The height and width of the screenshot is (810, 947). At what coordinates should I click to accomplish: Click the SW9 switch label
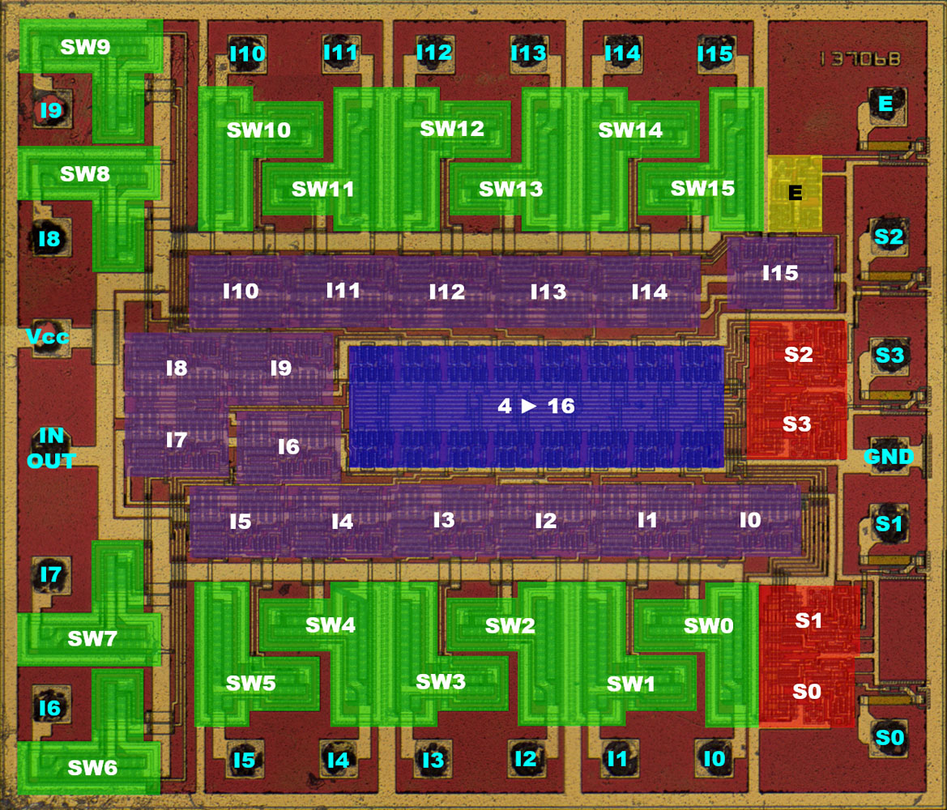tap(85, 47)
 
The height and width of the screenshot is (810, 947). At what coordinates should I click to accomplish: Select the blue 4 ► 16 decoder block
tap(536, 406)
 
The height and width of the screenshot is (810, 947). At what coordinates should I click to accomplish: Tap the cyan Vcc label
tap(47, 337)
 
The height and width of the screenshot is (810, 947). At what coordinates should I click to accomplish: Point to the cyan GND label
tap(889, 457)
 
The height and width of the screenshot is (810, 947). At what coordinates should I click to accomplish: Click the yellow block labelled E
tap(795, 193)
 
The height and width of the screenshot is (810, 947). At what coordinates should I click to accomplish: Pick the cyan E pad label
tap(885, 104)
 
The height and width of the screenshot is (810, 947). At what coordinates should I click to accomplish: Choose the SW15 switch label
tap(702, 189)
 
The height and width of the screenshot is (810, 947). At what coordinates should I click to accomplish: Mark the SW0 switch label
tap(708, 625)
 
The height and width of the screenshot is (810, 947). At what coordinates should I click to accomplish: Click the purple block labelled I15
tap(780, 274)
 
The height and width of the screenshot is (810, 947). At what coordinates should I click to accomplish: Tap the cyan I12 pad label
tap(433, 53)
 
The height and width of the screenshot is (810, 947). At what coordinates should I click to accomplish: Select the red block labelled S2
tap(798, 354)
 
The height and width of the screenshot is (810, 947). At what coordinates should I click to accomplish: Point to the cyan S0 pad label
tap(889, 738)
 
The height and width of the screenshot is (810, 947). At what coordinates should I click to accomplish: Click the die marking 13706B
tap(859, 59)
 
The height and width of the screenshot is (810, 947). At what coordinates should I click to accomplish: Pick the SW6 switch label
tap(92, 767)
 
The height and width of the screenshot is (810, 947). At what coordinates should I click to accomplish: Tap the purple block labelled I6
tap(288, 446)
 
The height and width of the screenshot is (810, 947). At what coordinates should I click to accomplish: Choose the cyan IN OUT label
tap(51, 448)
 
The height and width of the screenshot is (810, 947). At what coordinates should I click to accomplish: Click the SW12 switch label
tap(452, 128)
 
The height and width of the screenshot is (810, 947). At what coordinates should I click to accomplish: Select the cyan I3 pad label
tap(433, 760)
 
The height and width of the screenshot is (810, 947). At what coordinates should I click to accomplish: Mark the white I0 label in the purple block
tap(750, 520)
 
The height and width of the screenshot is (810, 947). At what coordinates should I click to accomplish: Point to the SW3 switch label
tap(440, 681)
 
